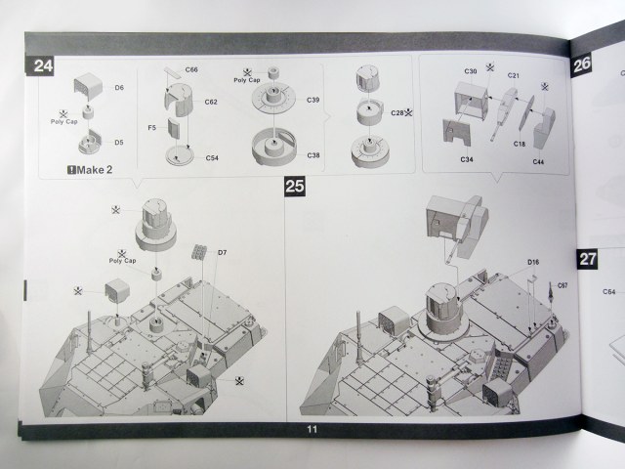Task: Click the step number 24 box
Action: point(43,67)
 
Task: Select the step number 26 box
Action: point(583,64)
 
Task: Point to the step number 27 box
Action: point(588,259)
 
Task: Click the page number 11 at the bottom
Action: point(312,430)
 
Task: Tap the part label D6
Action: point(118,88)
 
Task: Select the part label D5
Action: point(118,143)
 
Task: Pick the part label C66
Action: point(191,70)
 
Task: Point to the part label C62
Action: point(211,103)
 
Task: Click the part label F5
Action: point(151,128)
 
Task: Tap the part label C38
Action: point(312,155)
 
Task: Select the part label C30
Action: point(470,72)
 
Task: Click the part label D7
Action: point(222,253)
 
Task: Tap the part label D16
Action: point(533,263)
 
